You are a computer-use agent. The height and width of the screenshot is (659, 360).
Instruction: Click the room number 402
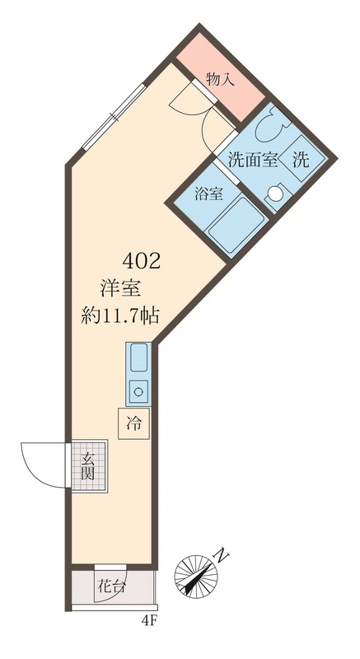tap(141, 262)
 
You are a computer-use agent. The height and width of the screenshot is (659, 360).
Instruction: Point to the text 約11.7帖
tap(119, 315)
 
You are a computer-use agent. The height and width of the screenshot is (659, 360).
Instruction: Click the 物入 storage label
tap(221, 79)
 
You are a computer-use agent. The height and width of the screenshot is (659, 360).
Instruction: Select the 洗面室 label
tap(253, 160)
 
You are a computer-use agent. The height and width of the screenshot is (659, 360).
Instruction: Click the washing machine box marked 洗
tap(301, 159)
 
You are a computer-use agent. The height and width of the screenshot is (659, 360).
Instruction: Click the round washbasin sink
tap(276, 194)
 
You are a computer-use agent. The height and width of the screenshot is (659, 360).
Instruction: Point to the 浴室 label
tap(208, 194)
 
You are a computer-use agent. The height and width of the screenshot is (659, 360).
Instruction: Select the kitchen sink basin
tap(139, 358)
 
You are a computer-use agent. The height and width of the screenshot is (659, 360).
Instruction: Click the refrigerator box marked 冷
tap(134, 423)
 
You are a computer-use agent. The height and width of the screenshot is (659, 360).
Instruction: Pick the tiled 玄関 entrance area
tap(89, 465)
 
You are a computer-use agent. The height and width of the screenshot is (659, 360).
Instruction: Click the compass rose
tap(196, 574)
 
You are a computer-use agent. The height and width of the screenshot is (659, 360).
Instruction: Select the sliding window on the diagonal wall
tap(114, 117)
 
